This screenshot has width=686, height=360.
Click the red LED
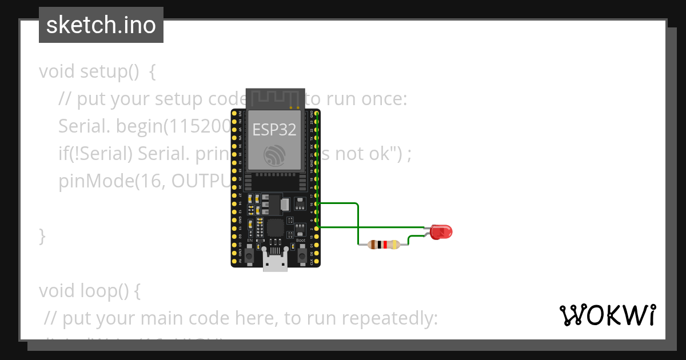441,231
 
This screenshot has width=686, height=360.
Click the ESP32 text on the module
275,130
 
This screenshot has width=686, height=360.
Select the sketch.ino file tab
101,25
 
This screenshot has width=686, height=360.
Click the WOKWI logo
607,315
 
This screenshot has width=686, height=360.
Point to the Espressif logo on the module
275,155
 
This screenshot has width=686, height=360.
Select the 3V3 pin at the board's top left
234,115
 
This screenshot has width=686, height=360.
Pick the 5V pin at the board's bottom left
234,261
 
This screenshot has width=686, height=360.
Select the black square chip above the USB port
275,227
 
